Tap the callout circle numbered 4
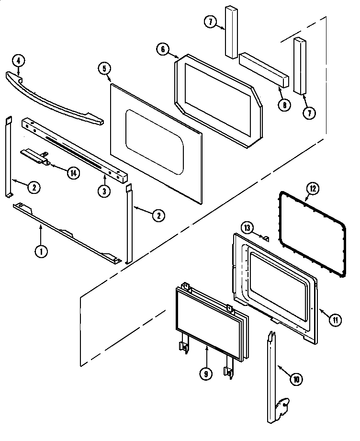pos(18,60)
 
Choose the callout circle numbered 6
pos(163,49)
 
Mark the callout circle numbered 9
pos(205,375)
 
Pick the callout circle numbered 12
pos(312,188)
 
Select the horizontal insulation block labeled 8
pos(264,70)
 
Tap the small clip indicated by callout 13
pos(267,237)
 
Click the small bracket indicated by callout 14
pos(35,157)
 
